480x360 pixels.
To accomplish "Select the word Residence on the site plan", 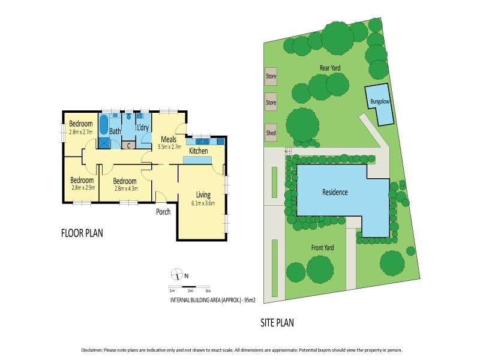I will [x=335, y=193].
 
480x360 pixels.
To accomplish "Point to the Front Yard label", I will [x=323, y=248].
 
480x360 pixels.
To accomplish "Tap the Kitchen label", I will [x=199, y=151].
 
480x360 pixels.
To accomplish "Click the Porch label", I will [x=163, y=212].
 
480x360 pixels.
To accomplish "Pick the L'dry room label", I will [x=143, y=128].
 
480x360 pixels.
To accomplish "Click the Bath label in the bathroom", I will [x=115, y=131].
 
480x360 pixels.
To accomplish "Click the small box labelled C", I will [x=128, y=145].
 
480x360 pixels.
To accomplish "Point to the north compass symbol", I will [x=177, y=275].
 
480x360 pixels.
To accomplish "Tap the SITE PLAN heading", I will [x=277, y=322].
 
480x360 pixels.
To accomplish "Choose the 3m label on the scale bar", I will [x=208, y=291].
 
